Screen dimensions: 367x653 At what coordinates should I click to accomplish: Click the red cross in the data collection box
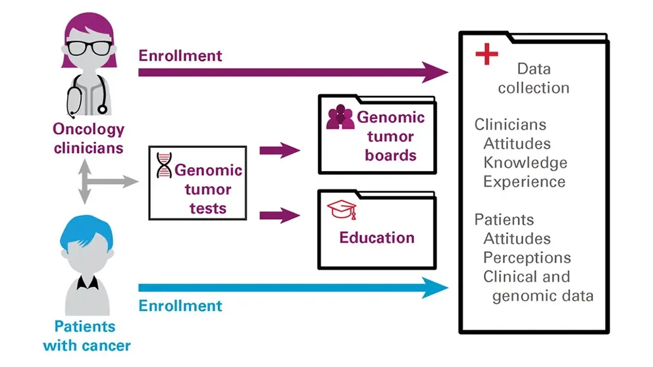point(486,54)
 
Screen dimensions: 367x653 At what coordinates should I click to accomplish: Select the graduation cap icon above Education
point(342,210)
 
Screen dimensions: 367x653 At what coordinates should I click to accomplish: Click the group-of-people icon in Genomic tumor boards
point(340,117)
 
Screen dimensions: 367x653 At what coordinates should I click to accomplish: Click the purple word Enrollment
point(180,55)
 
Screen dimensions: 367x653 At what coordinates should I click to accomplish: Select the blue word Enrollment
point(180,306)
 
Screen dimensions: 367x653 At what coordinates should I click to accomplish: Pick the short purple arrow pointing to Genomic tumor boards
point(279,151)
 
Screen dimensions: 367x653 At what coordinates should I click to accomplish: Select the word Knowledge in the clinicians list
point(525,162)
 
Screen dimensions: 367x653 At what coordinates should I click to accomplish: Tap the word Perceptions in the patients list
point(527,257)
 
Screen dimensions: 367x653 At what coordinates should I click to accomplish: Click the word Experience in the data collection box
point(524,182)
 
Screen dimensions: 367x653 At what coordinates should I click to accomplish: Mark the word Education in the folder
point(377,237)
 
